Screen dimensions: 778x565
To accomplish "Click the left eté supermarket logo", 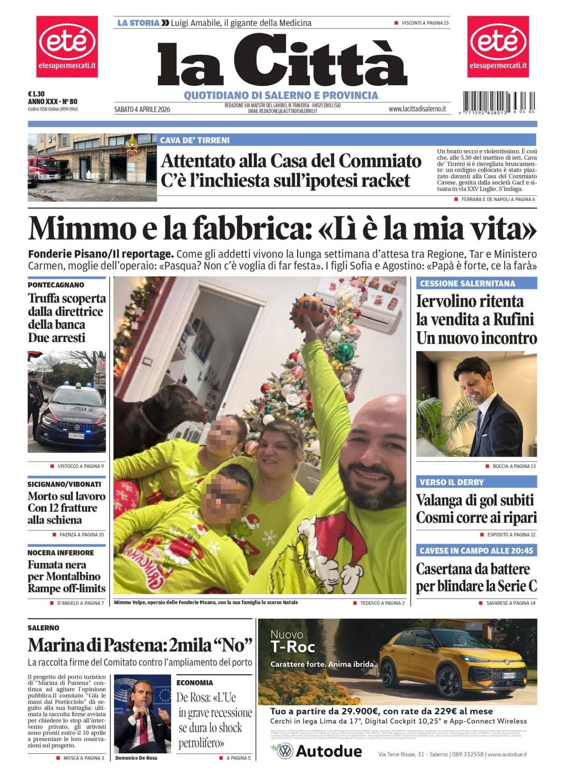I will tap(67, 46).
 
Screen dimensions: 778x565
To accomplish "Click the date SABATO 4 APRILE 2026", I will tap(142, 109).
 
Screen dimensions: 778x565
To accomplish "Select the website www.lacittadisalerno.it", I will tap(417, 109).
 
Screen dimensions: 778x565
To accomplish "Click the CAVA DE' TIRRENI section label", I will tap(195, 140).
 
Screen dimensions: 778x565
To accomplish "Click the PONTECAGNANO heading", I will tap(56, 285).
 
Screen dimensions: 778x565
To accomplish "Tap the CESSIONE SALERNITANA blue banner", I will tap(476, 283).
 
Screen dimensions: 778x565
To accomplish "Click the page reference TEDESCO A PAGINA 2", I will tap(382, 603).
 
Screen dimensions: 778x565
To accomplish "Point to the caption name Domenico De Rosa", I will tap(136, 758).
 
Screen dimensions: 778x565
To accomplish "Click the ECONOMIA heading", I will tap(195, 683).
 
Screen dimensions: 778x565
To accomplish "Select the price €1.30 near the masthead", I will tap(36, 94).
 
